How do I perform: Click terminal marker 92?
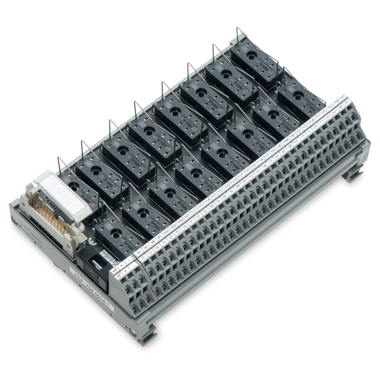146,248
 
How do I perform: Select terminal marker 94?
153,242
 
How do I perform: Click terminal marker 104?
180,221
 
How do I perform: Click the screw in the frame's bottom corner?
133,331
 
